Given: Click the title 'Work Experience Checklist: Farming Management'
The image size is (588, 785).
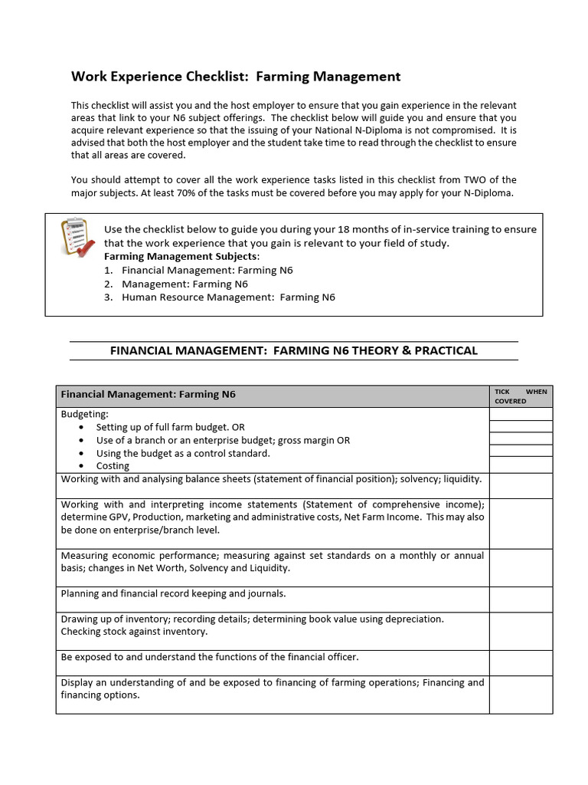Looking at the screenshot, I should pyautogui.click(x=236, y=77).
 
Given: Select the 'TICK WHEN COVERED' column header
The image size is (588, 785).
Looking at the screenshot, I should pyautogui.click(x=521, y=396).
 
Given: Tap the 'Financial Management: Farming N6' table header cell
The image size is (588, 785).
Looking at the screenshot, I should pyautogui.click(x=149, y=395).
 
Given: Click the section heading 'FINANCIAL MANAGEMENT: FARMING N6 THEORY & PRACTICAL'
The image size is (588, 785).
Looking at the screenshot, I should pyautogui.click(x=294, y=350).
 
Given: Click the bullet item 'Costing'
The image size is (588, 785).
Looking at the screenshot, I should pyautogui.click(x=113, y=466).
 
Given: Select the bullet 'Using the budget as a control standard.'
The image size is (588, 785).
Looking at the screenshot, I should pyautogui.click(x=183, y=453).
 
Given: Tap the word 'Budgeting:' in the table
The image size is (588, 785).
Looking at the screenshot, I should pyautogui.click(x=85, y=414).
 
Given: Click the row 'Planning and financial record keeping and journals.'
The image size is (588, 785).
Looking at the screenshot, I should pyautogui.click(x=173, y=593).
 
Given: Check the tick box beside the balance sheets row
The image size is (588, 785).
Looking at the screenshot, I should pyautogui.click(x=521, y=485).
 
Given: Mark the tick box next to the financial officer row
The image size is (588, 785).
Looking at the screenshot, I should pyautogui.click(x=521, y=662).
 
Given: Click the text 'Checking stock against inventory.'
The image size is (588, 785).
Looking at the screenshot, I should pyautogui.click(x=134, y=632).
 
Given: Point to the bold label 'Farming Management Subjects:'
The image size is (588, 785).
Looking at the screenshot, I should pyautogui.click(x=181, y=256).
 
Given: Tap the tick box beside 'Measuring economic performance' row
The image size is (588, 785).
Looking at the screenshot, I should pyautogui.click(x=521, y=567).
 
